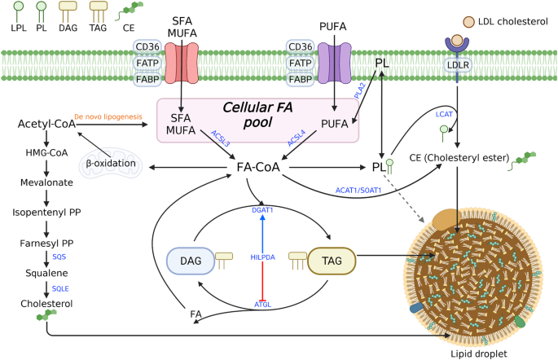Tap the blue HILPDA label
pyautogui.click(x=261, y=257)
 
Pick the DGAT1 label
pyautogui.click(x=261, y=209)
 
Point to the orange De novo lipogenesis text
pyautogui.click(x=107, y=117)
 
